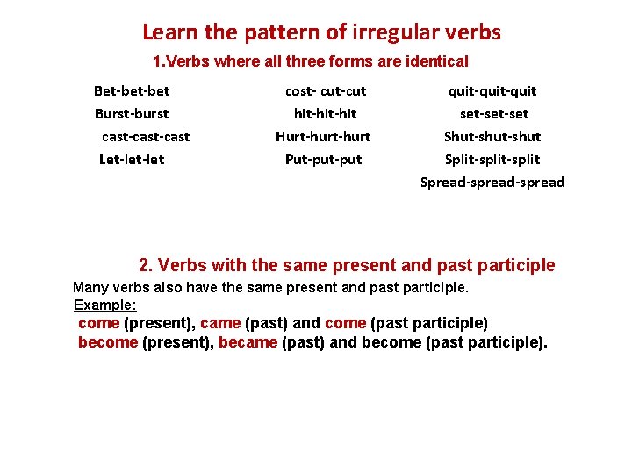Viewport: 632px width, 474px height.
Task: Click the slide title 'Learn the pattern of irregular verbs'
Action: [321, 33]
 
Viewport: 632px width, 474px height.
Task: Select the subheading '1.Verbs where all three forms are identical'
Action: [311, 62]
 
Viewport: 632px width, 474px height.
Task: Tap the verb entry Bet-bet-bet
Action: [132, 91]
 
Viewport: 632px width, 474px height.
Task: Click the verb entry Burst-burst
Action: [132, 114]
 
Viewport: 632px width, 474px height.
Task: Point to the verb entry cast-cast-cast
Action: [146, 137]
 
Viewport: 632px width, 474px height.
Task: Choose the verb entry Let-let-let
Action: [132, 160]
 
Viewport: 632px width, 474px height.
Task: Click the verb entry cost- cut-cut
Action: [326, 91]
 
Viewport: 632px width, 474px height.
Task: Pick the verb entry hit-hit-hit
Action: [325, 114]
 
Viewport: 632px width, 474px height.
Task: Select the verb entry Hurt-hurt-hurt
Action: [323, 137]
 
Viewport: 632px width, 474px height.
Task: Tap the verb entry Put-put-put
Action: [323, 160]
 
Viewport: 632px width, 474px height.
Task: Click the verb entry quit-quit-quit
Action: [492, 91]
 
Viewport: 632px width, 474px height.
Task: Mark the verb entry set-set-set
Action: [494, 114]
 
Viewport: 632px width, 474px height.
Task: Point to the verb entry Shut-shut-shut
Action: [492, 137]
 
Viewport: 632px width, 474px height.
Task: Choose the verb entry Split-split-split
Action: [492, 160]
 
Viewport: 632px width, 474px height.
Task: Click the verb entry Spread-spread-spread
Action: [492, 183]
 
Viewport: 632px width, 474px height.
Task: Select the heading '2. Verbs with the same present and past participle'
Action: [347, 265]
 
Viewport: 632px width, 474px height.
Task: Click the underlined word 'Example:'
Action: [105, 305]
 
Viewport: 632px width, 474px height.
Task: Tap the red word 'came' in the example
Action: [220, 323]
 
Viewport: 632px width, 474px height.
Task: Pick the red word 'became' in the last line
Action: [248, 342]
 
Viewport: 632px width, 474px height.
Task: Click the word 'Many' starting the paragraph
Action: [90, 288]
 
